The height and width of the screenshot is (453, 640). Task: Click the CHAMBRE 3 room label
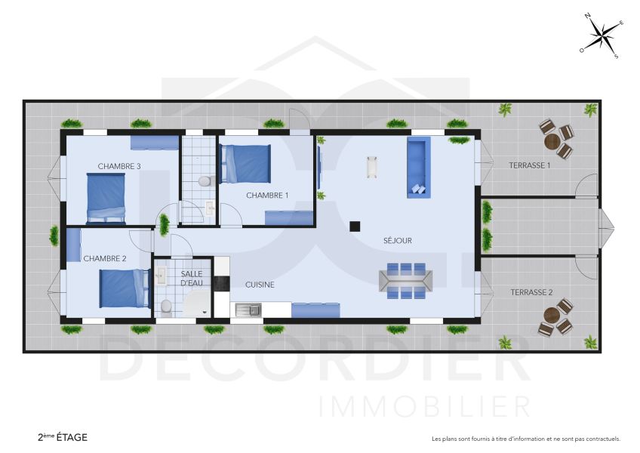coord(119,166)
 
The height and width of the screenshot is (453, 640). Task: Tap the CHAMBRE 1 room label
coord(267,196)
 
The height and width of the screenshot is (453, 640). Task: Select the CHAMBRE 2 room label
coord(105,258)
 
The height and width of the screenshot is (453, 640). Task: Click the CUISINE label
coord(260,285)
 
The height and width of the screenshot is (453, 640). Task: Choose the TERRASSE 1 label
coord(529,165)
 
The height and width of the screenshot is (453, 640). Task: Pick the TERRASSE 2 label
coord(531,292)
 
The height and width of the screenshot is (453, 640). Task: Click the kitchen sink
coord(247,309)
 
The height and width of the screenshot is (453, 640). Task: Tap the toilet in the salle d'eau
coord(166,307)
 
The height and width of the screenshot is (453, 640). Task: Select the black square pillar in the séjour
coord(354,225)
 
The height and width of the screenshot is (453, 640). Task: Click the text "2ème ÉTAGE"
coord(63,437)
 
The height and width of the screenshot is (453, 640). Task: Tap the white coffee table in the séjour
coord(371,167)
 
